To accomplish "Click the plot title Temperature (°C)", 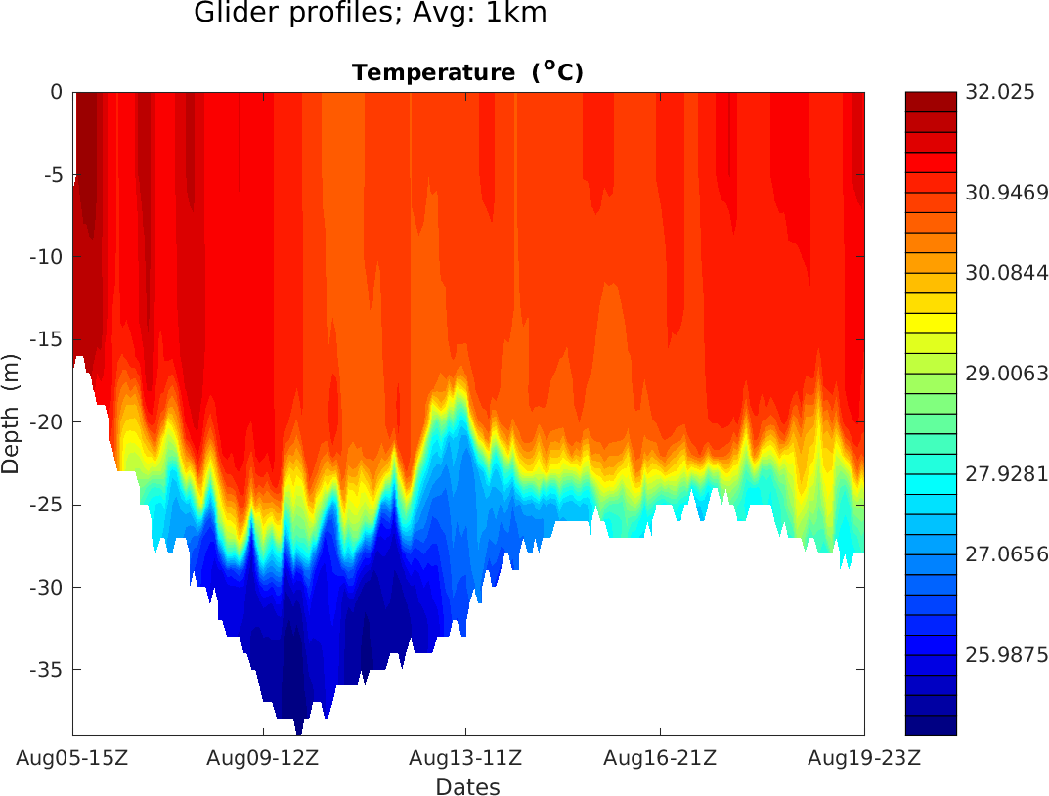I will [x=467, y=72].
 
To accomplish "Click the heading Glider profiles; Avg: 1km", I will [x=370, y=14].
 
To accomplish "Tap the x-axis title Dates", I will [x=467, y=787].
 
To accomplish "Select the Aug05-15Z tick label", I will [x=72, y=758].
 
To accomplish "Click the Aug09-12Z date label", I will [x=264, y=758].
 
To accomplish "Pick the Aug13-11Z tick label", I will [x=465, y=758].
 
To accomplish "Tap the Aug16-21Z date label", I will [x=661, y=758].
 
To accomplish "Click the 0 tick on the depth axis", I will [x=57, y=92].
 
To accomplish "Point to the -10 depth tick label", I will [x=48, y=257].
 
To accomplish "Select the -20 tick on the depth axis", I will [x=48, y=422].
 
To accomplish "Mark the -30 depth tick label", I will [x=48, y=588].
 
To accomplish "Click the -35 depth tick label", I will [x=48, y=670].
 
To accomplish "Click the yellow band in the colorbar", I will [x=931, y=323].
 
